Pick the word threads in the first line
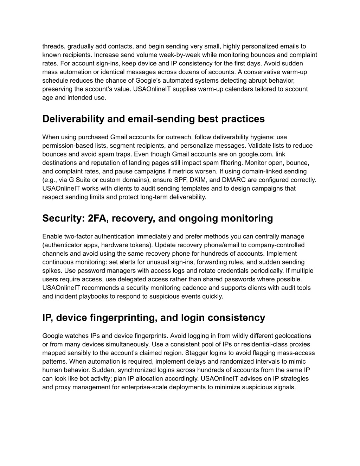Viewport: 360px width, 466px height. pyautogui.click(x=53, y=46)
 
